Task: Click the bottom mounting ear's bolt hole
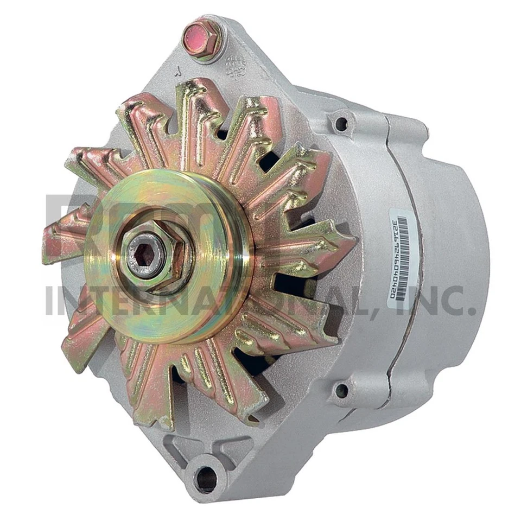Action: click(206, 478)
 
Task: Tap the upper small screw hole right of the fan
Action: click(341, 124)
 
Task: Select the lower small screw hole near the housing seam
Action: click(341, 389)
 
